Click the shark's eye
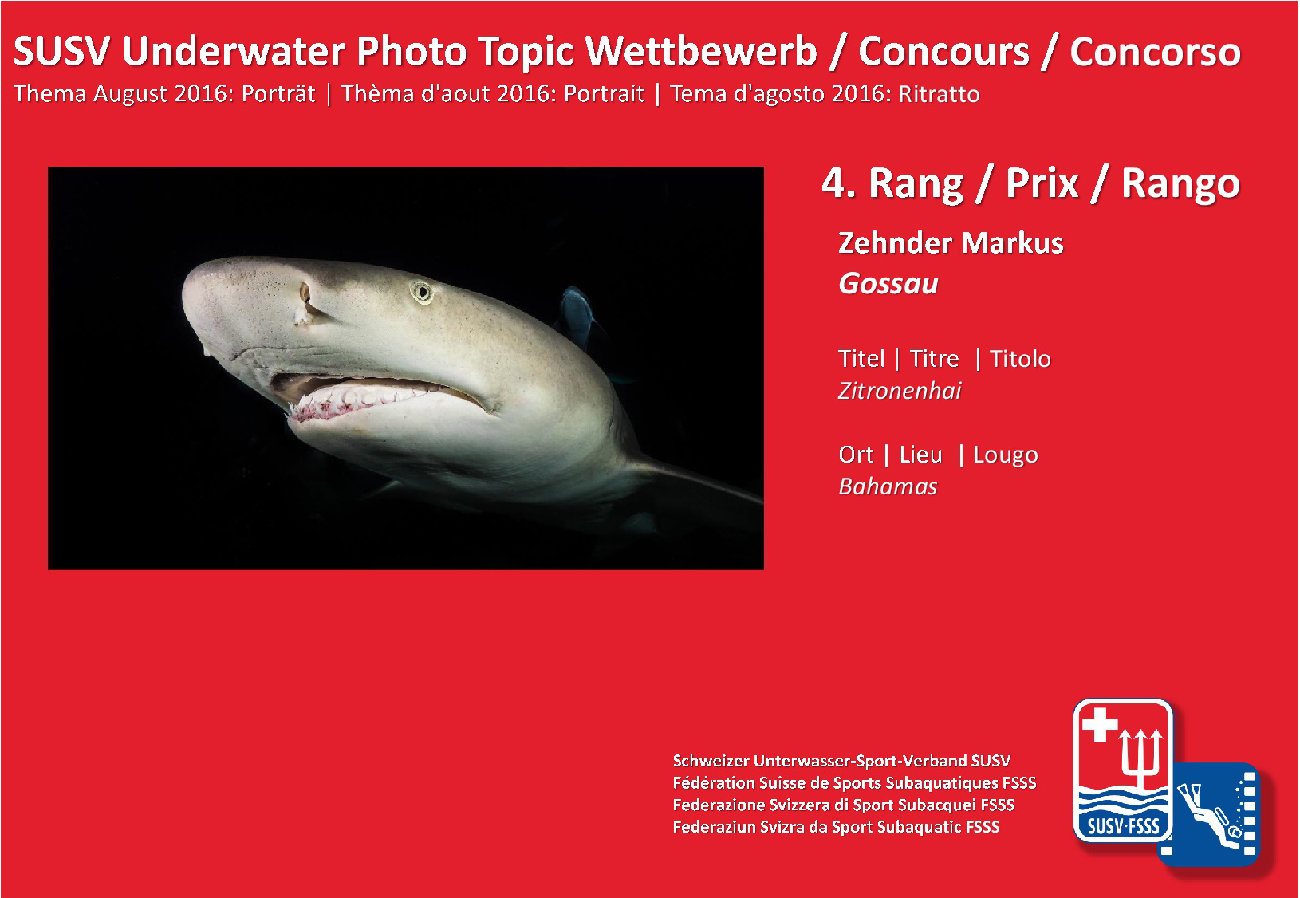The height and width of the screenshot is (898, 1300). pos(422,291)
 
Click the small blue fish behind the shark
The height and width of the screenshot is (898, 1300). pos(577,317)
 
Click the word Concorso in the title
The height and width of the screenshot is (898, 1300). pos(1155,53)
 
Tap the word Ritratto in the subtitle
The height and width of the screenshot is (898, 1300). pos(940,94)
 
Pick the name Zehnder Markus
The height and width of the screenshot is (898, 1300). pos(951,242)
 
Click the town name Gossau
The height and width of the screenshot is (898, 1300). pos(888,284)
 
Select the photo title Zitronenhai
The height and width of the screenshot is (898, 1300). pos(900,391)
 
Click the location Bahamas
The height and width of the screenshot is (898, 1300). pos(888,486)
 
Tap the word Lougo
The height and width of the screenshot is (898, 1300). pos(1006,455)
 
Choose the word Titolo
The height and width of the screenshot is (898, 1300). pos(1020,359)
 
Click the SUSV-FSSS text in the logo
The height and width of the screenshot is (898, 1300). pos(1123,826)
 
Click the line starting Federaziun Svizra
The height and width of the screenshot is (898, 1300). pos(836,826)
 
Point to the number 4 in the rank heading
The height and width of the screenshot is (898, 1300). pos(834,183)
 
